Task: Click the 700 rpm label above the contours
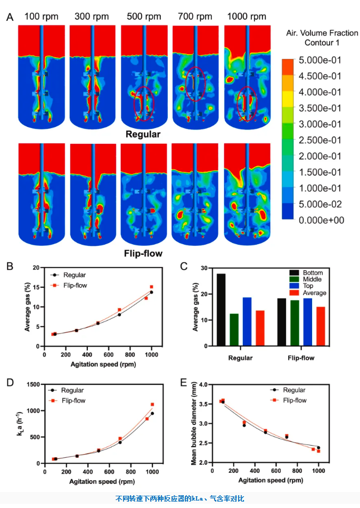coord(195,17)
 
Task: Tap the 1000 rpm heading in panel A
coord(247,17)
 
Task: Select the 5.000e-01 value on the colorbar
coord(320,60)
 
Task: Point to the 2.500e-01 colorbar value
coord(320,140)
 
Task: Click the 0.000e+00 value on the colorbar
coord(321,220)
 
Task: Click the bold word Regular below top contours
coord(143,134)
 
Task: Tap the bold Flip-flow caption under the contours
coord(143,253)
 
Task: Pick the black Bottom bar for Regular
coord(221,310)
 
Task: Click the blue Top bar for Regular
coord(247,322)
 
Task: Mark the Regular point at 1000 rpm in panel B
coord(151,292)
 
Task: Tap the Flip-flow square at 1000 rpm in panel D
coord(152,405)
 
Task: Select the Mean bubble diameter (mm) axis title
coord(194,424)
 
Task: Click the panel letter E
coord(184,383)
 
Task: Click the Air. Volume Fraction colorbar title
coord(322,38)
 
